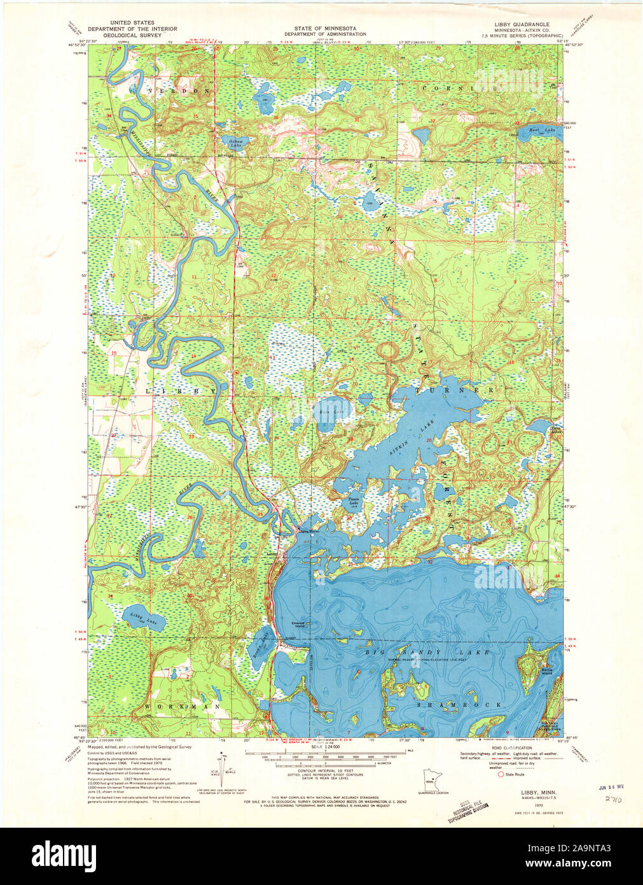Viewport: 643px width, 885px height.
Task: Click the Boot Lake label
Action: pyautogui.click(x=542, y=131)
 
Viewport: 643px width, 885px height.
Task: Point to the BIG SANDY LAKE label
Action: pyautogui.click(x=427, y=652)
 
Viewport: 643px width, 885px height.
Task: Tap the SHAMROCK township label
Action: pyautogui.click(x=459, y=705)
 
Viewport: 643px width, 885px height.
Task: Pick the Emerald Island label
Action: pyautogui.click(x=300, y=624)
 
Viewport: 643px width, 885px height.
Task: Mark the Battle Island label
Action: pyautogui.click(x=546, y=670)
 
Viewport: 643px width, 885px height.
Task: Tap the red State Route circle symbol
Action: pyautogui.click(x=501, y=775)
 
